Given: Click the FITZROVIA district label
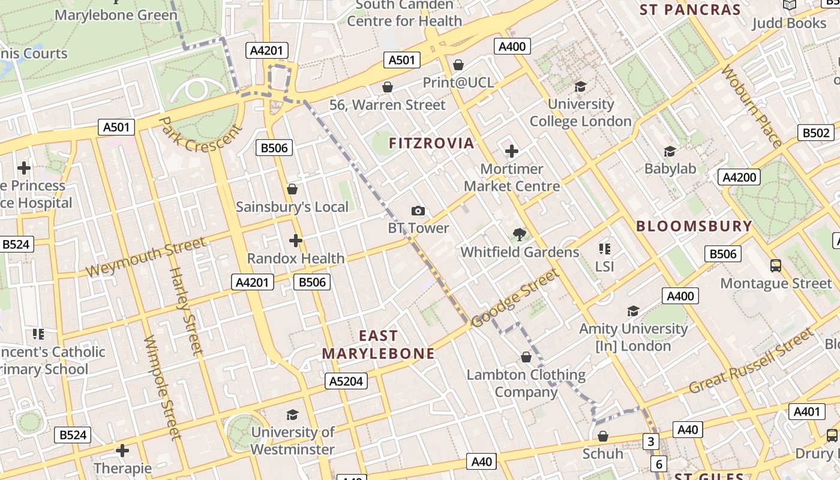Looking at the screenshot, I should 431,143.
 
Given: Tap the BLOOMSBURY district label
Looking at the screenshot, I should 694,226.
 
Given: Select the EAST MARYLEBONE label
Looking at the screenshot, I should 378,345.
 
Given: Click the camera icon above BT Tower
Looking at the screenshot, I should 418,211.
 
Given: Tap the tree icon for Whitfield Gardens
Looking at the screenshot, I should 520,235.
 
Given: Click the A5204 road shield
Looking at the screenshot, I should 347,381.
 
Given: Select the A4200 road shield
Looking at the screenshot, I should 739,177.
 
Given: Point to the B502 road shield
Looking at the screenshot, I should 816,133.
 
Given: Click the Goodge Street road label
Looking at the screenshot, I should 515,299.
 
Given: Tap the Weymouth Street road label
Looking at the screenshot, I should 145,257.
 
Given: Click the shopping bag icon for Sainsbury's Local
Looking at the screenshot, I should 292,190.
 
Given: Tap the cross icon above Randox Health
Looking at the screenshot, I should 295,241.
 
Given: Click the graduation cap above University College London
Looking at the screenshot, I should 580,87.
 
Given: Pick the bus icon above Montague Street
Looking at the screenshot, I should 775,265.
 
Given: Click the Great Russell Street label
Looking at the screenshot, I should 751,361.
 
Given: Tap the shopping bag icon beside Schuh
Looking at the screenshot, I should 603,436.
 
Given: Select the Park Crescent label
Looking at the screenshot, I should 200,134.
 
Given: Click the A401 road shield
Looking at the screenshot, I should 806,412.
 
